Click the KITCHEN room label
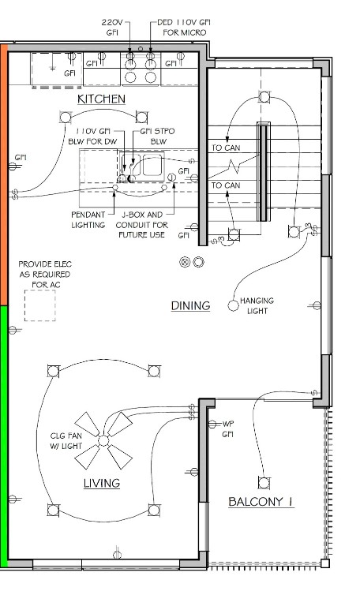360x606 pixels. [101, 99]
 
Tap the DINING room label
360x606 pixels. [190, 305]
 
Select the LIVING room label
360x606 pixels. [102, 483]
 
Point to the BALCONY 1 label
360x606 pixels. [261, 502]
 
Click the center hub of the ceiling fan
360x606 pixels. [103, 440]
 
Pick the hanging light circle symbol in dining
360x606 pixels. [233, 305]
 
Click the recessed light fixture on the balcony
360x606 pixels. [264, 483]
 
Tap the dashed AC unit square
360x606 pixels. [39, 305]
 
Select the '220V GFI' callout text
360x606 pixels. [112, 28]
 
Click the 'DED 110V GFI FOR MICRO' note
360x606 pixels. [184, 28]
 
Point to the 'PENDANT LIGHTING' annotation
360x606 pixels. [88, 219]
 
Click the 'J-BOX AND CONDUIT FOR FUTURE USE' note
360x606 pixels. [142, 225]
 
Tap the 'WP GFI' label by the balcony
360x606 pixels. [227, 429]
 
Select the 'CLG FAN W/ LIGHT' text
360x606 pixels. [66, 441]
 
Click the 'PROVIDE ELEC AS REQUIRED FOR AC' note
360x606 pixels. [45, 275]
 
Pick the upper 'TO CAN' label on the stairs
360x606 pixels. [226, 148]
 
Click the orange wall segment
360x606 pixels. [4, 174]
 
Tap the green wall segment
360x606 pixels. [4, 432]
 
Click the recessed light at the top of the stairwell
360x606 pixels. [264, 96]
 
